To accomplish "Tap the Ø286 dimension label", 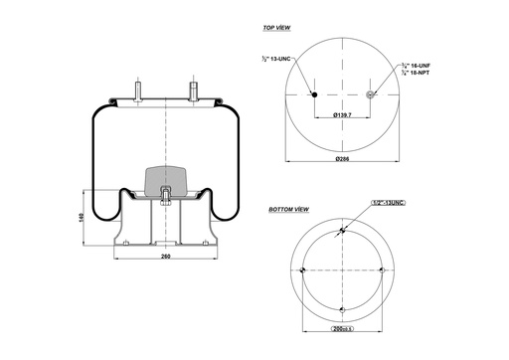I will point(341,159).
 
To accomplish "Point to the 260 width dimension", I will point(165,258).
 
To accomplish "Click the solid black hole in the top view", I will point(314,95).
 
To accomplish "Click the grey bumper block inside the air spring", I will point(165,180).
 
